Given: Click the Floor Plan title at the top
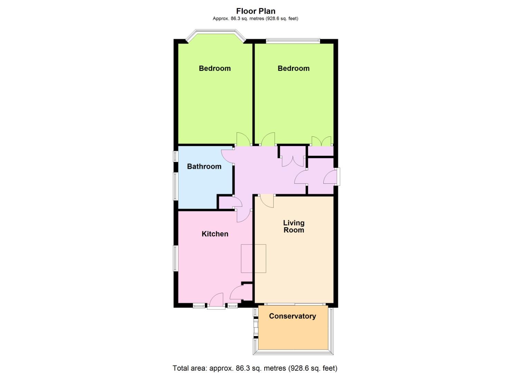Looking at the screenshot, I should point(256,11).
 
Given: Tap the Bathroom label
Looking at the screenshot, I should point(204,166).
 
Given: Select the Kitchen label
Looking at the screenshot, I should point(215,234).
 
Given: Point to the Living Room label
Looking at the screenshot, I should point(294,227).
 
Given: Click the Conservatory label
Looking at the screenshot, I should point(292,316).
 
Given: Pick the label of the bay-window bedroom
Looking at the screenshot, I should point(215,68).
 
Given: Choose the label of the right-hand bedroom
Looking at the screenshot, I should point(293,68).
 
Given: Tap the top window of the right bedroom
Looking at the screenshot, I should point(293,41).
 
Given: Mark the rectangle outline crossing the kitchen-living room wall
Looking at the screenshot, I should point(254,258).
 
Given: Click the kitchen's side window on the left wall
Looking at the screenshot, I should point(175,258).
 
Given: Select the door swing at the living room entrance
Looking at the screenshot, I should point(267,200).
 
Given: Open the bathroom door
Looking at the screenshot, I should point(228,155).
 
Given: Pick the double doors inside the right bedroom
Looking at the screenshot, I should point(321,141).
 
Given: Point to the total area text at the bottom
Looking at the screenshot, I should point(255,368).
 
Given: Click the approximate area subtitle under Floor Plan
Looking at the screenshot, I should point(255,19).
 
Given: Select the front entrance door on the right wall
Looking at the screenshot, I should point(330,177).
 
